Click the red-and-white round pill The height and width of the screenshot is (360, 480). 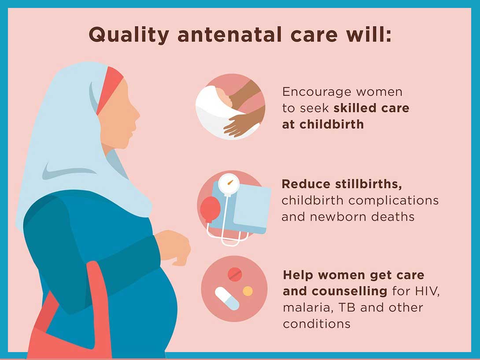(235, 275)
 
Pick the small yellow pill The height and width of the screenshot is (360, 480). (248, 291)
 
